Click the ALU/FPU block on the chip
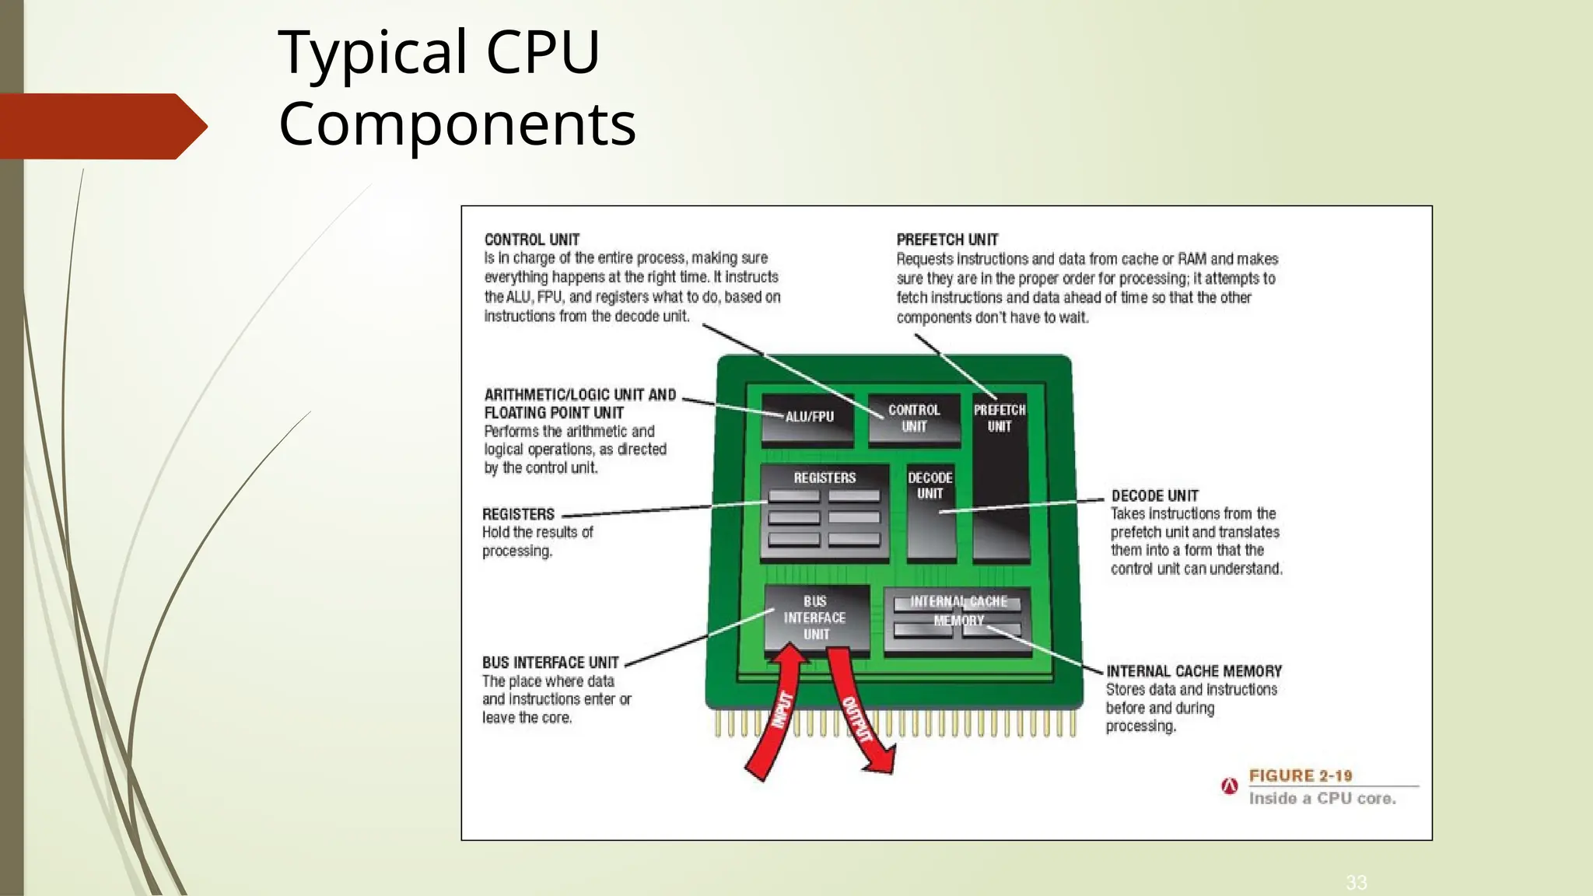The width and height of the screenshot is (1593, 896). pos(808,418)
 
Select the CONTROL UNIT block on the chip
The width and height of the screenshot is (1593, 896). pos(914,418)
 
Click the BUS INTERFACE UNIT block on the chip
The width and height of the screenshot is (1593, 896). pos(816,618)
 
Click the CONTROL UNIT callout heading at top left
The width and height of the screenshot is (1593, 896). pos(532,240)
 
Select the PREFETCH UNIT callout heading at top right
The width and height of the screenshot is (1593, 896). pos(947,240)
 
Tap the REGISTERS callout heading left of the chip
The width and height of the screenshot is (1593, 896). pos(518,514)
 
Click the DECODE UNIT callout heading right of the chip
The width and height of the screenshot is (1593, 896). pos(1154,495)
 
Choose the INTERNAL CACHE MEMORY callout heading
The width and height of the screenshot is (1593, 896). pos(1193,670)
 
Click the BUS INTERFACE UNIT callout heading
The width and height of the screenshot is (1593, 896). pos(550,663)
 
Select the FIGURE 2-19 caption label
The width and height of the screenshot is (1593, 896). pos(1300,775)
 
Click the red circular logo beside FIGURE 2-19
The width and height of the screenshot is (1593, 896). pos(1230,786)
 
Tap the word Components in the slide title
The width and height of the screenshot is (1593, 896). pos(457,124)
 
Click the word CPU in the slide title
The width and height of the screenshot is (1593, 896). pos(542,52)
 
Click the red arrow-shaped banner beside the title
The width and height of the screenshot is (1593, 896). pos(101,126)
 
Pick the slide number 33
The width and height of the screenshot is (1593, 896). pos(1356,882)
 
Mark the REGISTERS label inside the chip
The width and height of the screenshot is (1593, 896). pos(825,478)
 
